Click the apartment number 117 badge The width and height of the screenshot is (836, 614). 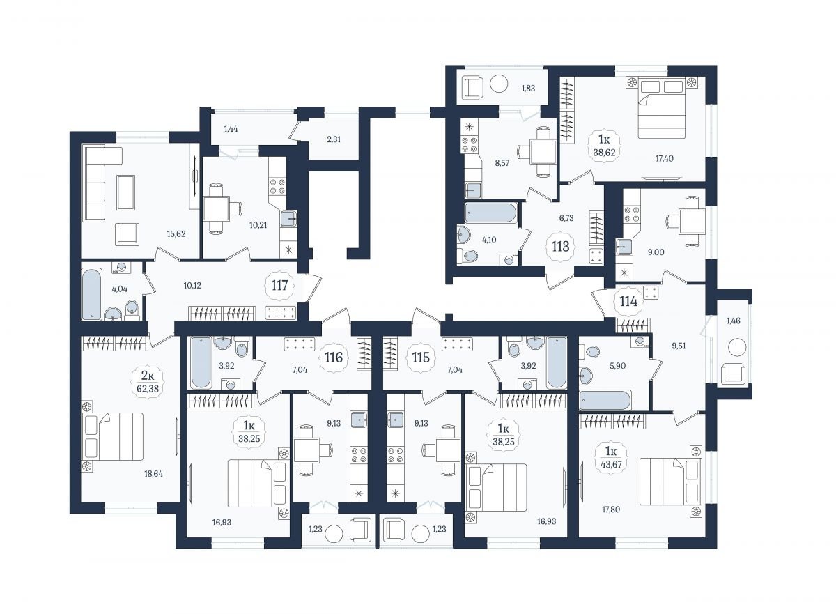(279, 286)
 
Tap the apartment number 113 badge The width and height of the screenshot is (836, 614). (561, 246)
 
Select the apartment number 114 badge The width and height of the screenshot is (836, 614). (628, 301)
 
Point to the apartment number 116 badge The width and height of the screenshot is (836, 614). (334, 358)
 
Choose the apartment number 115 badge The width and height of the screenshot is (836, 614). (421, 358)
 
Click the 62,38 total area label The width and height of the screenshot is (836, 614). (148, 389)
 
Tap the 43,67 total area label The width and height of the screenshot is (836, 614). (611, 465)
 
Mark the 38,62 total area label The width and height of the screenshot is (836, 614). (604, 153)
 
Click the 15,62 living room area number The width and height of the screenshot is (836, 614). (176, 234)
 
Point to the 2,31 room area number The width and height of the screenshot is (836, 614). (334, 139)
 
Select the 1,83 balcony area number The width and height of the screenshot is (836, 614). (528, 89)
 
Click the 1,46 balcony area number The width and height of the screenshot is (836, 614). (734, 321)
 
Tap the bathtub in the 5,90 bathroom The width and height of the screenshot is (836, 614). (605, 400)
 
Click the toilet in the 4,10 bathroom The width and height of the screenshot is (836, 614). (467, 256)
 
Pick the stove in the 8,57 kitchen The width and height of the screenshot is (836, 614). (470, 145)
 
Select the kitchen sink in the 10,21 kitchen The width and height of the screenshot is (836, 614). (289, 219)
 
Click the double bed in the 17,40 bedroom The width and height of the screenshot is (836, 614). (662, 108)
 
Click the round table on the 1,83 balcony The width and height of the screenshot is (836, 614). (499, 84)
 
